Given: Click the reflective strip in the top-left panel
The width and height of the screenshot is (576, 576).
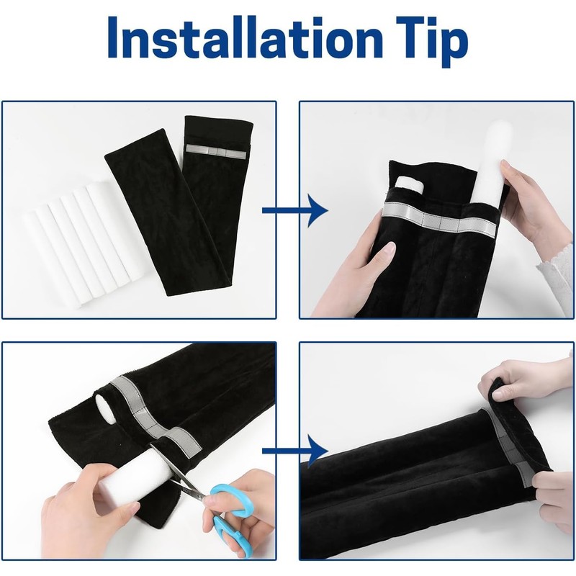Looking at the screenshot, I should pyautogui.click(x=216, y=149).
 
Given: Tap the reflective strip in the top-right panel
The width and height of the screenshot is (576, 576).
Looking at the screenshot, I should pyautogui.click(x=439, y=220).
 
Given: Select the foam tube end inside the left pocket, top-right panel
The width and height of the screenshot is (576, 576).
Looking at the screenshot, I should pyautogui.click(x=409, y=184).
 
